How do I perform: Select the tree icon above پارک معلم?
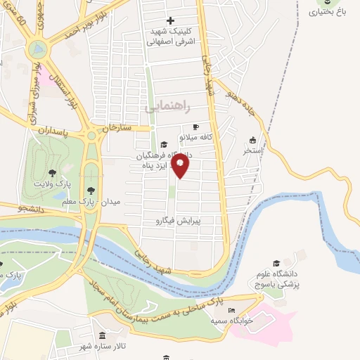click(89, 190)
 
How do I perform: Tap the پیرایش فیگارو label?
click(178, 220)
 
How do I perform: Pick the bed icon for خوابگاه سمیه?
click(232, 310)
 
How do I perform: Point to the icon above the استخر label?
click(253, 139)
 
